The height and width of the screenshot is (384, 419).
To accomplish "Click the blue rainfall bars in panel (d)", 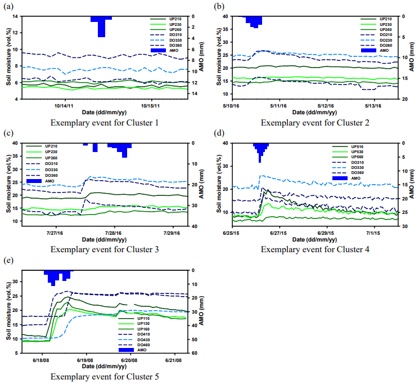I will (260, 149).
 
